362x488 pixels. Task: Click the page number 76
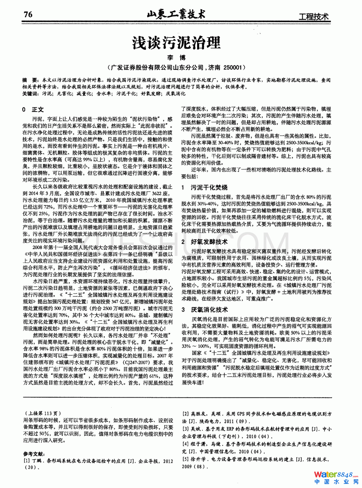(x=28, y=15)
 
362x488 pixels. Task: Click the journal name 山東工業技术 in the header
(x=176, y=14)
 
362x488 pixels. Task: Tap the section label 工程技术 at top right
(x=313, y=16)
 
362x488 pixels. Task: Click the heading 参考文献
(x=34, y=454)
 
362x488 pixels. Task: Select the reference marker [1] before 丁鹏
(x=26, y=461)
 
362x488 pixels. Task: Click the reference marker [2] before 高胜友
(x=185, y=414)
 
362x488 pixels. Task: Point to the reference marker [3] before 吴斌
(x=185, y=429)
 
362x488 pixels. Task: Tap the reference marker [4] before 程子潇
(x=185, y=444)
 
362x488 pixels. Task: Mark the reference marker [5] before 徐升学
(x=185, y=459)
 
